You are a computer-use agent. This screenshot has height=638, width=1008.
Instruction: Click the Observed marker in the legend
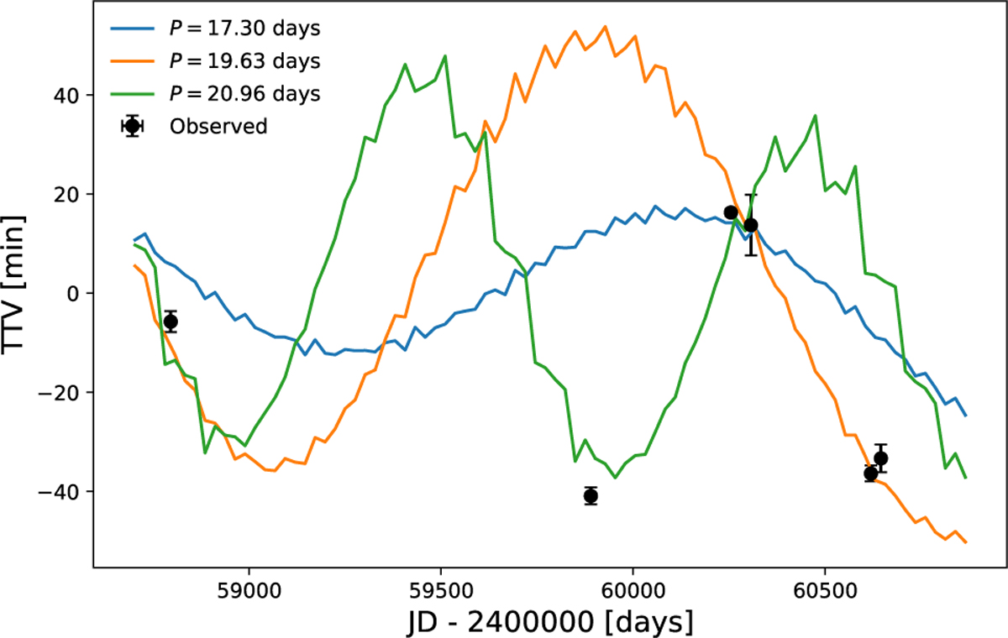(x=132, y=127)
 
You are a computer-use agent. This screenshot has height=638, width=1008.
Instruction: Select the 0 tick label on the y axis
(x=73, y=294)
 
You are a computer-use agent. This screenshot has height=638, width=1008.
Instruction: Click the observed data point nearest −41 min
(x=591, y=495)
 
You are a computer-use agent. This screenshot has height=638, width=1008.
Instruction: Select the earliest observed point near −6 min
(x=171, y=322)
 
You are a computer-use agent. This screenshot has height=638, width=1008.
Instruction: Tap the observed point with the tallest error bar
(x=751, y=225)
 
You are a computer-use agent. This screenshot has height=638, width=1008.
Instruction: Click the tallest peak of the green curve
(x=444, y=55)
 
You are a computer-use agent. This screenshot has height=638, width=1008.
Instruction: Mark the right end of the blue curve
(x=966, y=416)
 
